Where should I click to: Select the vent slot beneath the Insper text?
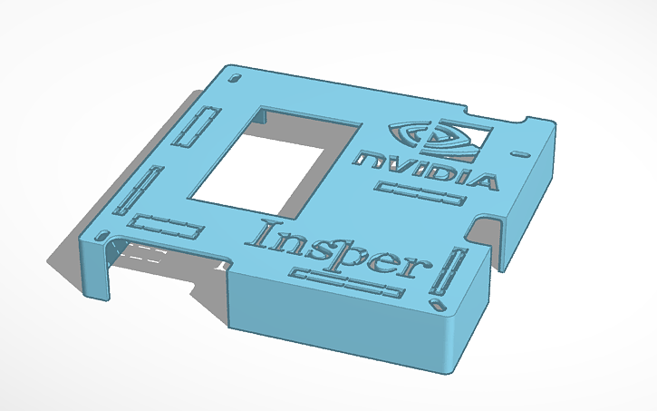click(346, 284)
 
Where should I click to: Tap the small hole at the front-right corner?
click(440, 304)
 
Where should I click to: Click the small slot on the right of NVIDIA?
click(519, 151)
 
